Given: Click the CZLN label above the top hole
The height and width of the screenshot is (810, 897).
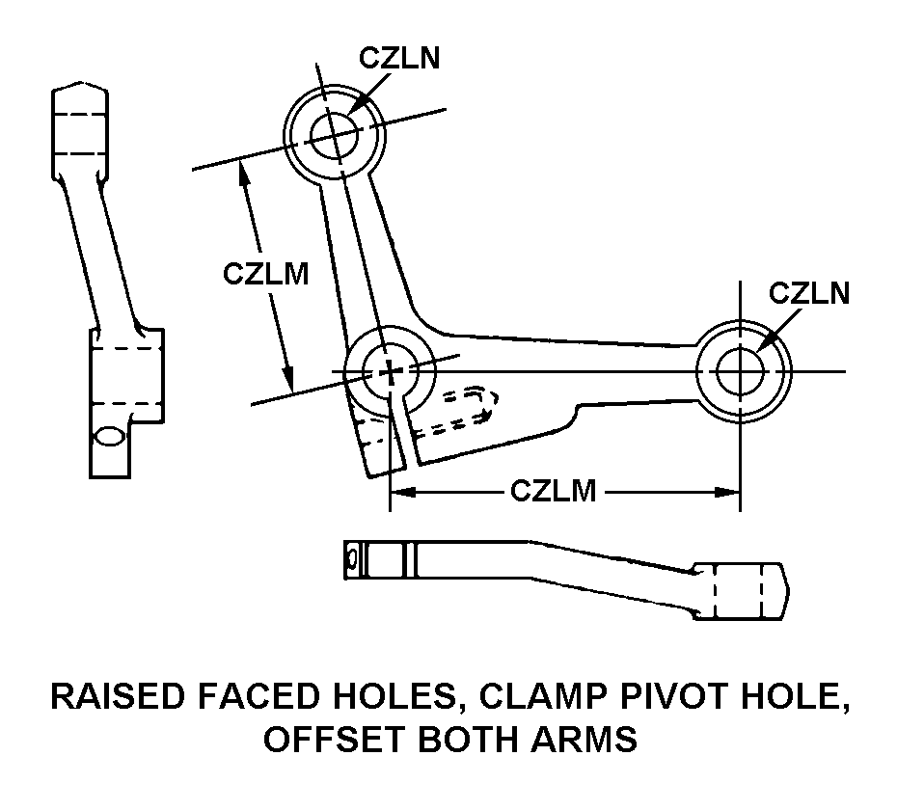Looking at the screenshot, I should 399,58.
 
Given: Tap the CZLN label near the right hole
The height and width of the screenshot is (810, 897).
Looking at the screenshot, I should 809,293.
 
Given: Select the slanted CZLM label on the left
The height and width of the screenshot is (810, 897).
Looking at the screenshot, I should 265,274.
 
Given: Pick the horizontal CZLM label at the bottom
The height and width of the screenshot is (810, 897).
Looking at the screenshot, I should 553,492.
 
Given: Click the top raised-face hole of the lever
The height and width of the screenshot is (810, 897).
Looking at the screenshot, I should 334,128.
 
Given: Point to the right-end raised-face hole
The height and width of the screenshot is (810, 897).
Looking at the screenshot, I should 741,371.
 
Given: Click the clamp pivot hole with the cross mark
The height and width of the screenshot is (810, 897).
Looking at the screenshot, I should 389,371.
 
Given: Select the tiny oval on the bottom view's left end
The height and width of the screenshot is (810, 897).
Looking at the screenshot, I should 354,558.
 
